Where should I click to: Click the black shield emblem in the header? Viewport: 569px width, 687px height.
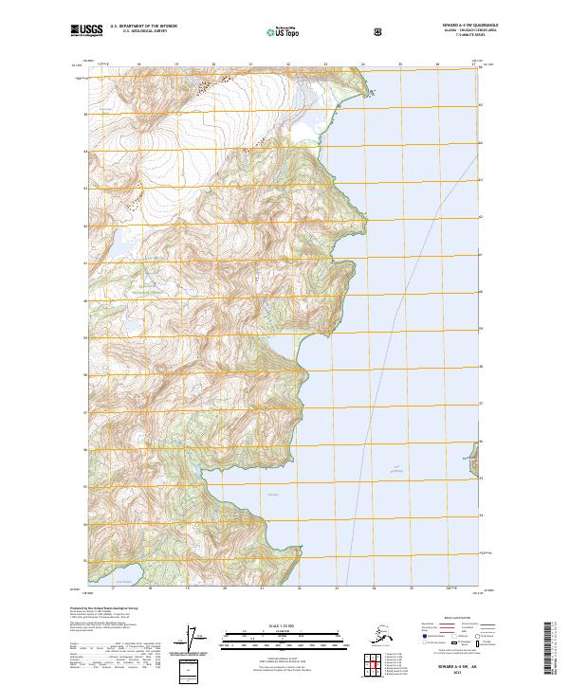coord(379,30)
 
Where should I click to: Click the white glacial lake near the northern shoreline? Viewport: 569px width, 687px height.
coord(303,129)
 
